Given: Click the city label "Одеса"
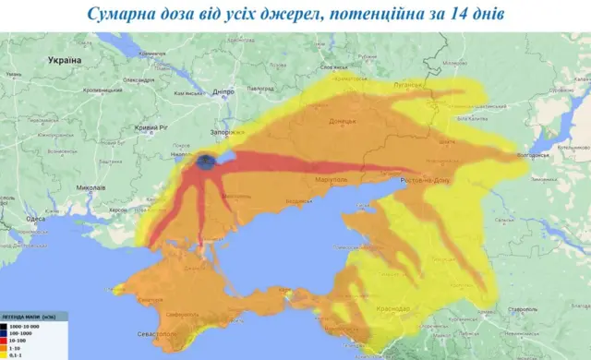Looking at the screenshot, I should tap(34, 219).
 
